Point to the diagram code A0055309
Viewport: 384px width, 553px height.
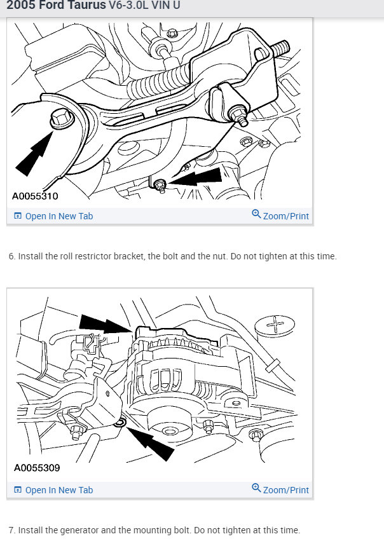tap(37, 468)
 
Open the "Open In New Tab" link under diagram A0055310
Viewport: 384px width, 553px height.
tap(58, 216)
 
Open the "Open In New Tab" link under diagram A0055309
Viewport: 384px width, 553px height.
tap(58, 490)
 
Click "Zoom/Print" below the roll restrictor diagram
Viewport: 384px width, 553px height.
tap(285, 216)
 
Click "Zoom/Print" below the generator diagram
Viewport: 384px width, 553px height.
tap(285, 490)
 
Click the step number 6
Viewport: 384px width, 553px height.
tap(11, 257)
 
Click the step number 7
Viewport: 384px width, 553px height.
tap(11, 530)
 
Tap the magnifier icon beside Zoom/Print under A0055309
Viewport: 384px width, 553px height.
tap(256, 488)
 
